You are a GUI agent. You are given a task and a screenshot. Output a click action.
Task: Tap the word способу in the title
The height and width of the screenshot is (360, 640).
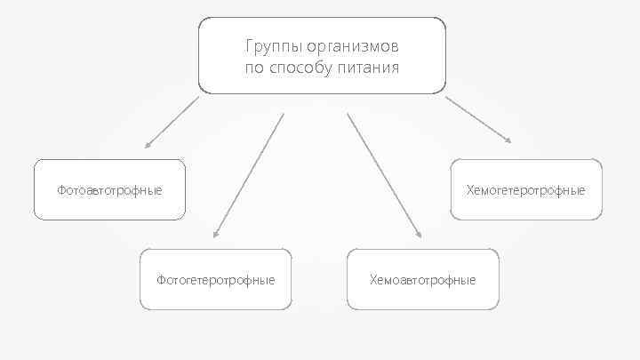(300, 68)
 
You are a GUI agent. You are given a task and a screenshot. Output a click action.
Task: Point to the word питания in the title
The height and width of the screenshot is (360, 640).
(369, 68)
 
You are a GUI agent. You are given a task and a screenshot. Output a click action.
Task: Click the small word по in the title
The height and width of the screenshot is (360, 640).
(253, 68)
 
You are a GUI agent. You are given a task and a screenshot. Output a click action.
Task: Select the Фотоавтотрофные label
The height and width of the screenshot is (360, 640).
(109, 190)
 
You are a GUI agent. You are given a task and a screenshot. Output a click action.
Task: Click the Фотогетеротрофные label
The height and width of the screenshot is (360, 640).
(216, 280)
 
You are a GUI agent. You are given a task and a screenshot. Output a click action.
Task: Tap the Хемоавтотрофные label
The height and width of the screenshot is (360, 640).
(423, 280)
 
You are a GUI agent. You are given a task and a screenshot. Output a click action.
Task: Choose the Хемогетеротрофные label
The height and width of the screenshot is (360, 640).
(526, 190)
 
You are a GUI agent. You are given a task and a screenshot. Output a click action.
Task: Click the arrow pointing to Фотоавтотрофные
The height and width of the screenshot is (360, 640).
(172, 122)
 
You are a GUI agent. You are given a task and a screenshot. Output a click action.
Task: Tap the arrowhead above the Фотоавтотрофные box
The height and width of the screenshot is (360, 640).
(148, 144)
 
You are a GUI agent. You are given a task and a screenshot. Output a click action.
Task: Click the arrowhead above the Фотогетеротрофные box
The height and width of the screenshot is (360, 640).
(215, 236)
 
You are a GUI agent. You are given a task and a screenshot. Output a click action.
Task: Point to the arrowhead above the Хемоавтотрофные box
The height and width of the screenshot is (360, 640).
(419, 236)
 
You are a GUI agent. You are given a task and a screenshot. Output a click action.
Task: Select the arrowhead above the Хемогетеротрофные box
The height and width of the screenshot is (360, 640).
(508, 140)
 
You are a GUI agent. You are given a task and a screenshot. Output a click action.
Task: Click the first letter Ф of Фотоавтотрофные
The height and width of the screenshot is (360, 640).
(61, 190)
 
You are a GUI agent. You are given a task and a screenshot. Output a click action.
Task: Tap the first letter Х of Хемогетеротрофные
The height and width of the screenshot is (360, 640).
(470, 190)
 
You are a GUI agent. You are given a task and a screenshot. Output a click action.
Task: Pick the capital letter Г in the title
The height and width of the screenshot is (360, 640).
(248, 45)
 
